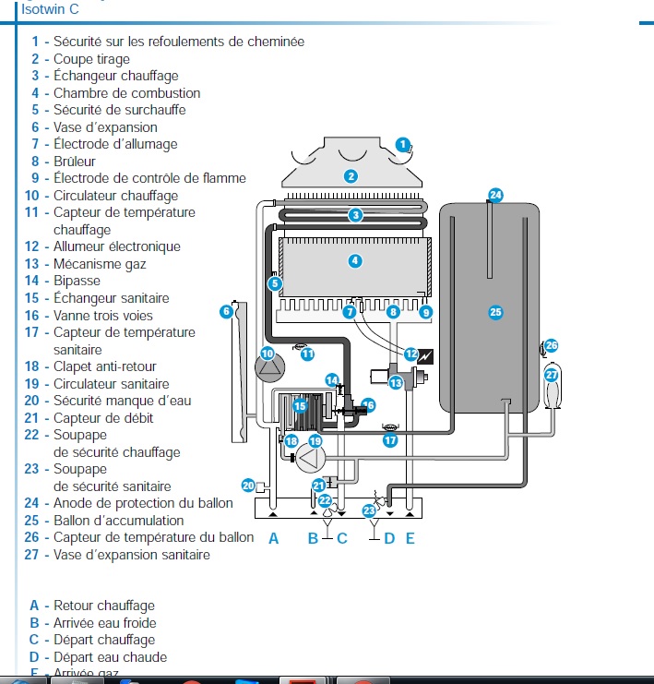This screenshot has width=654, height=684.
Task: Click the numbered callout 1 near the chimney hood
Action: pos(403,144)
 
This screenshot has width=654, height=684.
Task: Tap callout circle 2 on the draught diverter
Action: pos(351,176)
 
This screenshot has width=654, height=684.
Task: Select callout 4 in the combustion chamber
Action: pos(354,261)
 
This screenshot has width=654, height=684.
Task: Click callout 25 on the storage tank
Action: pos(495,313)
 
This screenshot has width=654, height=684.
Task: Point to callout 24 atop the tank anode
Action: pos(495,195)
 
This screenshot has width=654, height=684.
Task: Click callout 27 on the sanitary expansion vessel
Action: pos(552,376)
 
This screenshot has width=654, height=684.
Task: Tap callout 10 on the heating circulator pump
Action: pos(268,354)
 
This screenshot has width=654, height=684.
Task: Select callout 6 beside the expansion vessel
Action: pos(226,312)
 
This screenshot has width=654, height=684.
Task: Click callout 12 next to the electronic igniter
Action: pos(410,354)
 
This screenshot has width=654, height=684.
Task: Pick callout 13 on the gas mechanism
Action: pos(395,382)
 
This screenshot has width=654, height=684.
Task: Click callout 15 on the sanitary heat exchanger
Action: pos(299,405)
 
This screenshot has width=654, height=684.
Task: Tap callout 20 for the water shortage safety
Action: pos(248,485)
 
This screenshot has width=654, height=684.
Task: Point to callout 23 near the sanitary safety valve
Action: pos(369,510)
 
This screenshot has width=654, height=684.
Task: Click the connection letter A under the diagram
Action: pos(273,538)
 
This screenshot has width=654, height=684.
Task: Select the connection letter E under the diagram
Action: pos(410,538)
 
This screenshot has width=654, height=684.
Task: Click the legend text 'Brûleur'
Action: pos(75,162)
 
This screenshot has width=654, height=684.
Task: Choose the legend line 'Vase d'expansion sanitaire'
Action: pos(131,555)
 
